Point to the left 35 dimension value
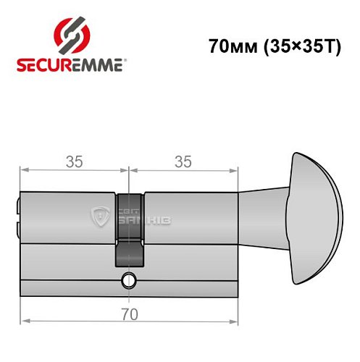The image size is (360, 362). (73, 162)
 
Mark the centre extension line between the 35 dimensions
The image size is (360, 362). (129, 177)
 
